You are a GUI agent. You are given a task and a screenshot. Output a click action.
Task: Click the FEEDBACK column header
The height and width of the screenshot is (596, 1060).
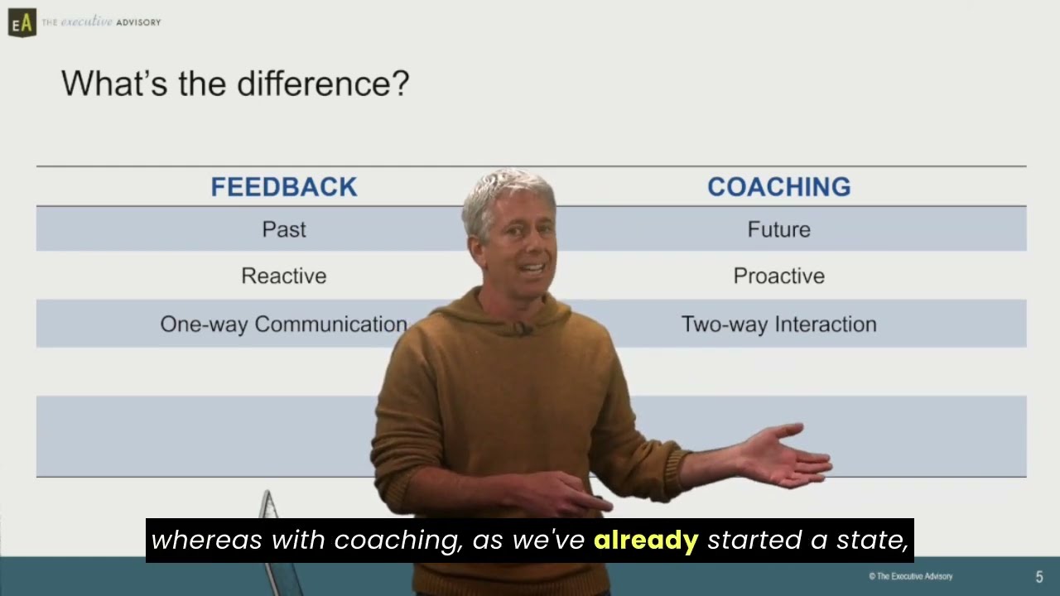point(283,187)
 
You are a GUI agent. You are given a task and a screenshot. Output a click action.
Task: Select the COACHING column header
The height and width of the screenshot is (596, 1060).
point(778,187)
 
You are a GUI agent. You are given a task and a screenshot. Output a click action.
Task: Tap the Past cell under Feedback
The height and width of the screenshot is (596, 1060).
point(283,229)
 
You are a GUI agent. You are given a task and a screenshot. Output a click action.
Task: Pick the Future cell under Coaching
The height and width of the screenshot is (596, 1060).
point(778,229)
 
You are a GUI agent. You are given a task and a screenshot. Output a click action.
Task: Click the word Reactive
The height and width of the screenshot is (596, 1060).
point(283,276)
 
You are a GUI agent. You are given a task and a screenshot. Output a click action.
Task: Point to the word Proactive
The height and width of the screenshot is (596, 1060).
point(778,276)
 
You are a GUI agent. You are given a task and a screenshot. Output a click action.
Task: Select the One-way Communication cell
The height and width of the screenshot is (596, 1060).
point(283,324)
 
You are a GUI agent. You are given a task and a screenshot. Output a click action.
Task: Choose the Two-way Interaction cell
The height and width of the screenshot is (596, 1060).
point(778,324)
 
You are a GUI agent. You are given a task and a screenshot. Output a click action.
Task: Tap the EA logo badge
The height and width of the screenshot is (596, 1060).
point(22,22)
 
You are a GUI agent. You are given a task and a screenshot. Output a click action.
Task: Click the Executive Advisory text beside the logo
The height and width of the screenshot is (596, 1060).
point(101,22)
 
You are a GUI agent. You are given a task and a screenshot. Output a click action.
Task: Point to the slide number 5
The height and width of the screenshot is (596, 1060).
point(1039,577)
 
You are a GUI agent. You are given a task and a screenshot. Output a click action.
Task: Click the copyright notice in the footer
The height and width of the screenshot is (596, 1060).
point(910,576)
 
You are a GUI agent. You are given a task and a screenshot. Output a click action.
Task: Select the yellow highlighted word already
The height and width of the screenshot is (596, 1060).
point(646,541)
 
